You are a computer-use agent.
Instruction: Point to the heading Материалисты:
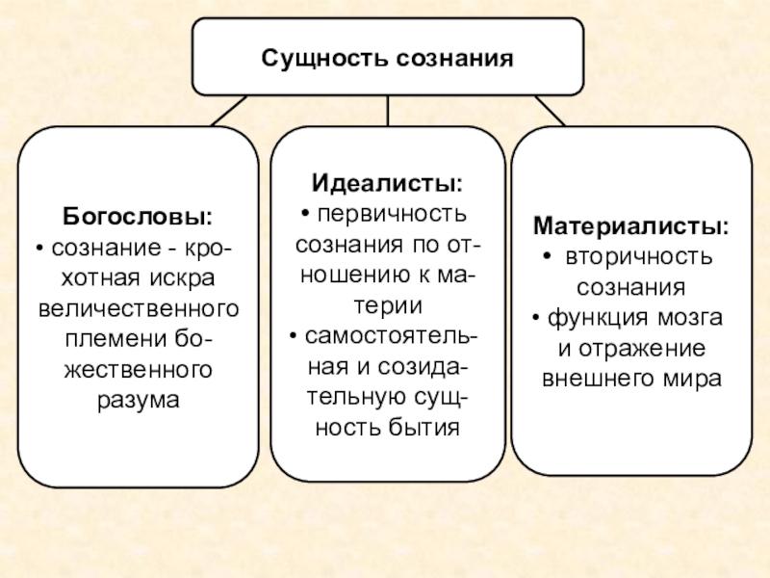point(631,228)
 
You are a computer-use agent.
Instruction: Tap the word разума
point(138,399)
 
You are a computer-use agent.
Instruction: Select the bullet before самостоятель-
point(293,335)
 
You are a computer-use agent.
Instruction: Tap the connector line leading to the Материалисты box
point(550,111)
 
